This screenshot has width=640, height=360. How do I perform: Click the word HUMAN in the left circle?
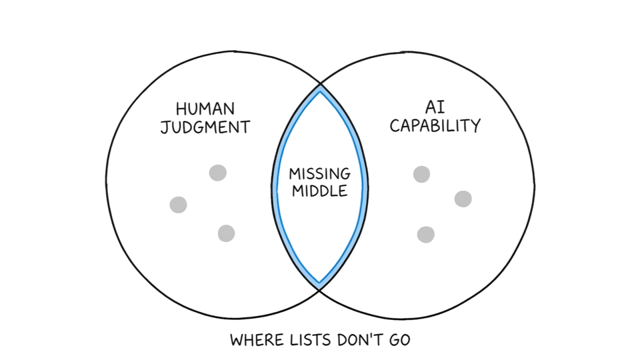[x=205, y=108]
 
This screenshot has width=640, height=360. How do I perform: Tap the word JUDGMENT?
[x=205, y=127]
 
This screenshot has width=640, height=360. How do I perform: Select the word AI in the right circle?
[x=435, y=107]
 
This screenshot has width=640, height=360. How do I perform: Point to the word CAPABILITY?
[x=435, y=125]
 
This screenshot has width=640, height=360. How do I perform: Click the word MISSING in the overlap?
[x=319, y=174]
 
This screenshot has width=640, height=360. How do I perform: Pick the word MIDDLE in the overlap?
[x=319, y=191]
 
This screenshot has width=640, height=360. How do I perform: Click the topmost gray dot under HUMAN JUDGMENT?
[x=217, y=173]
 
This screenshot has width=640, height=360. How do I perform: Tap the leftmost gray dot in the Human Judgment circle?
[x=178, y=205]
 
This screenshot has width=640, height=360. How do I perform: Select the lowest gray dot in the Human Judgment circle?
[x=226, y=233]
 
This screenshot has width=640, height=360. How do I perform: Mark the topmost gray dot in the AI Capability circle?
[x=421, y=175]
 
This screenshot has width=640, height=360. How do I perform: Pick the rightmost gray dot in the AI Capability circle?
[x=463, y=199]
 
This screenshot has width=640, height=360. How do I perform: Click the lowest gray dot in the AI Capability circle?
[x=425, y=235]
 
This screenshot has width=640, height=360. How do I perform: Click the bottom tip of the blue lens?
[x=320, y=286]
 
